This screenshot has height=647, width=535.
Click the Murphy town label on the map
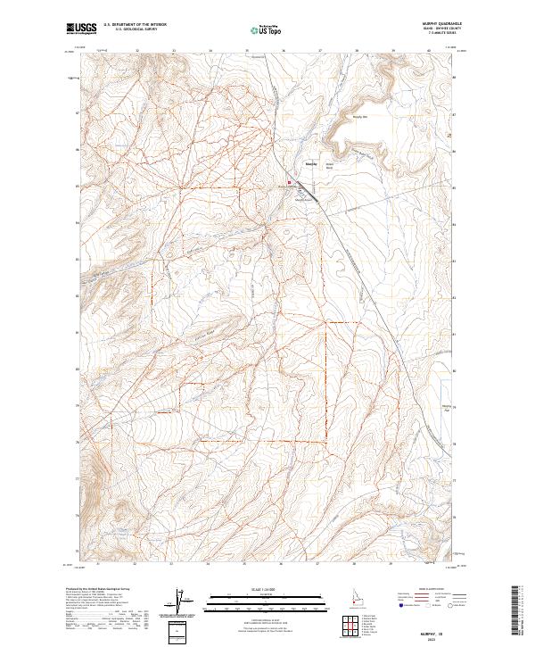311,164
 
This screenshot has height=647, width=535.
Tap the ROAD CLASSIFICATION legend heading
429,591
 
